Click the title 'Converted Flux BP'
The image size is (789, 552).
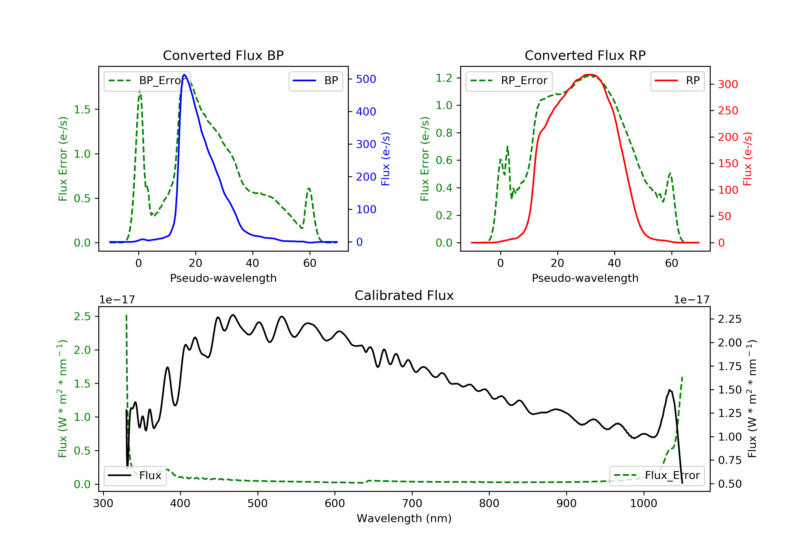point(223,55)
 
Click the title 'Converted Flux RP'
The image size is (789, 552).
point(585,55)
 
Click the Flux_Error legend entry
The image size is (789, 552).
point(657,476)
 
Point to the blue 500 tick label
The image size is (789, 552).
point(366,79)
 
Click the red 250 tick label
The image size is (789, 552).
point(728,111)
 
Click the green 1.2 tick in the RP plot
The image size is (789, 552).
point(444,78)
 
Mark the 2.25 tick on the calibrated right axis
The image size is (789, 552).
point(730,319)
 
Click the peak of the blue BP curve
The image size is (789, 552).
point(184,75)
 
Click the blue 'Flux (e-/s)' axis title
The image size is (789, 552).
point(386,159)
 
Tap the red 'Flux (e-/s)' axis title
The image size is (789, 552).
point(748,159)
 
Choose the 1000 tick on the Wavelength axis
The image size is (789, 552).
point(643,504)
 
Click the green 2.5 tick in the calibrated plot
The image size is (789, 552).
point(82,316)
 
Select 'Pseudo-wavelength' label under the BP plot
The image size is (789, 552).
point(223,278)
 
